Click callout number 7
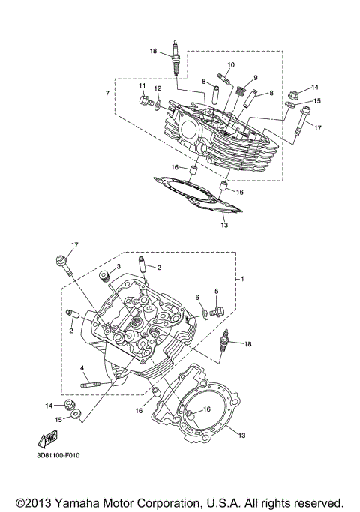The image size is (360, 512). [108, 94]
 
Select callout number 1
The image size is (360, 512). [242, 278]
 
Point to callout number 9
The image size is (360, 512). [255, 78]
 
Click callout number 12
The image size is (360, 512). [157, 88]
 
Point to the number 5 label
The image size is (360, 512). [216, 291]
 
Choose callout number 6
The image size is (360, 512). [197, 298]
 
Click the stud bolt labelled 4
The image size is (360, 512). [97, 385]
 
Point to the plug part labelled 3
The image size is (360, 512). [106, 277]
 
